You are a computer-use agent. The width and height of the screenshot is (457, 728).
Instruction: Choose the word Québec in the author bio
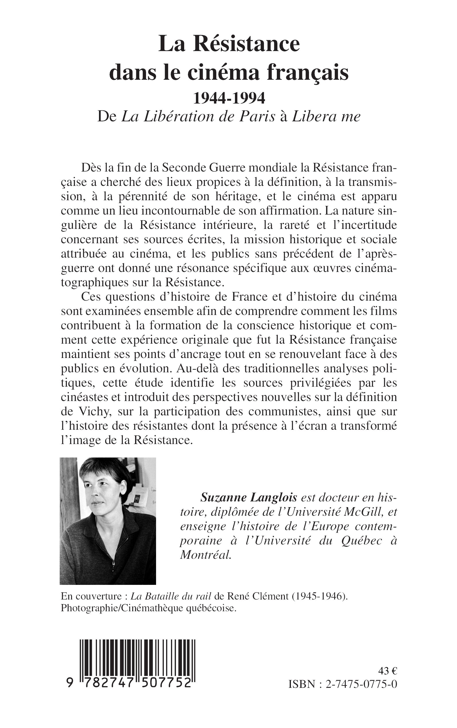pyautogui.click(x=361, y=541)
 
